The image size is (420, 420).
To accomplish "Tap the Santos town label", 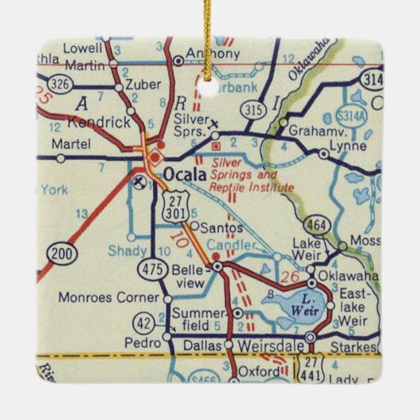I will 215,227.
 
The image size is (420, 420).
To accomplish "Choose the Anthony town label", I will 212,54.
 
